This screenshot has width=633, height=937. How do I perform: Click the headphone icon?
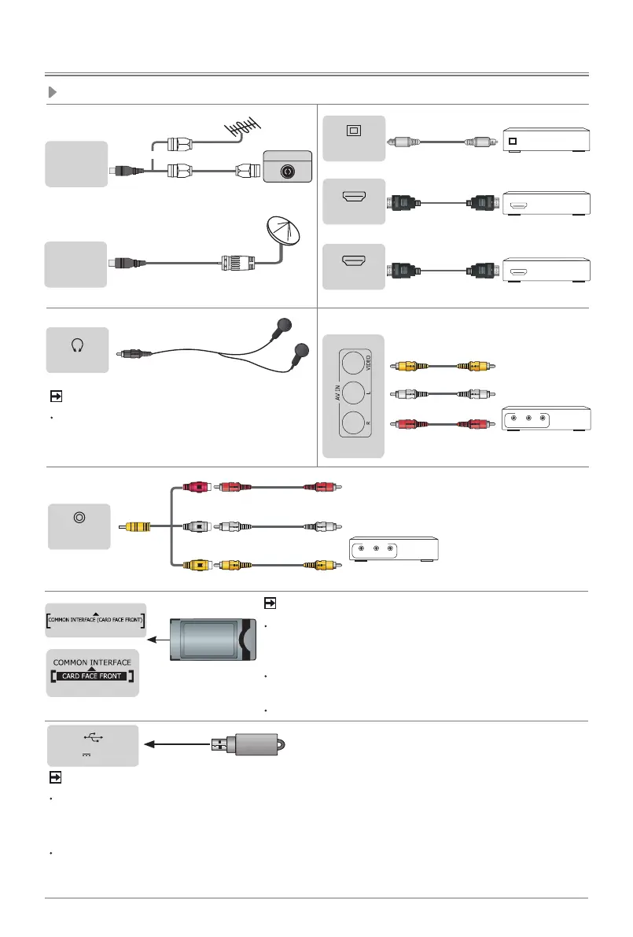[x=76, y=344]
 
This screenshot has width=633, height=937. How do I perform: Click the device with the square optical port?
[x=546, y=142]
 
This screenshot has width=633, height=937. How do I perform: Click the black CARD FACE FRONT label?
[x=94, y=676]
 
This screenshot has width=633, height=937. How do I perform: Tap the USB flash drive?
[x=252, y=745]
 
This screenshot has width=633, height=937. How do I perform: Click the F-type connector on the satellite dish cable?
[x=235, y=261]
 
